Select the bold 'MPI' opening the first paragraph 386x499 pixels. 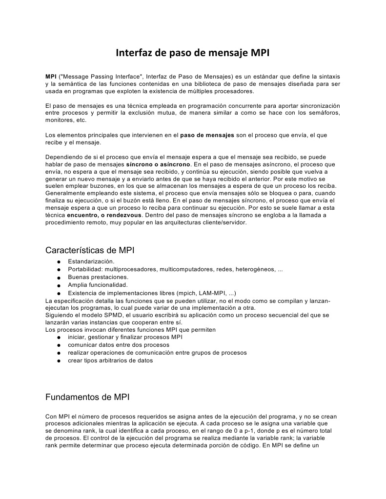(x=50, y=77)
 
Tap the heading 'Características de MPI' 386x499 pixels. (x=90, y=250)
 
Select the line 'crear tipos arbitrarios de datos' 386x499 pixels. (x=110, y=360)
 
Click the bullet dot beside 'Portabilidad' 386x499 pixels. (x=58, y=270)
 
